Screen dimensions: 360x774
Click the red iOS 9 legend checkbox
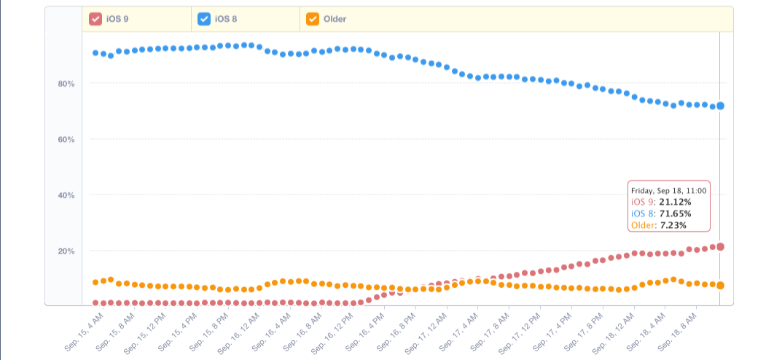[95, 19]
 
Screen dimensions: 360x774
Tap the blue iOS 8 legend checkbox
[204, 19]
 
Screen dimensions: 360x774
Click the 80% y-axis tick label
[66, 84]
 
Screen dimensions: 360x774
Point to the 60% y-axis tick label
[66, 139]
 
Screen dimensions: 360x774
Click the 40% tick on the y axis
[66, 195]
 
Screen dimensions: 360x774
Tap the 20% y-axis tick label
[66, 251]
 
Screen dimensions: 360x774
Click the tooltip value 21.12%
[676, 202]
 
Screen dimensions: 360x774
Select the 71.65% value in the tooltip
[675, 214]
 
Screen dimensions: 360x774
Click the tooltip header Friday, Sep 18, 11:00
[668, 191]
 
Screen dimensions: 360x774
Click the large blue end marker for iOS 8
[720, 106]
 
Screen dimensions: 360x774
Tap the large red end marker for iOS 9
[720, 246]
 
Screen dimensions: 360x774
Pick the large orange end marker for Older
[720, 285]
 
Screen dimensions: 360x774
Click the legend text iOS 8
[226, 19]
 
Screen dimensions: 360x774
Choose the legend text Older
[335, 19]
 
